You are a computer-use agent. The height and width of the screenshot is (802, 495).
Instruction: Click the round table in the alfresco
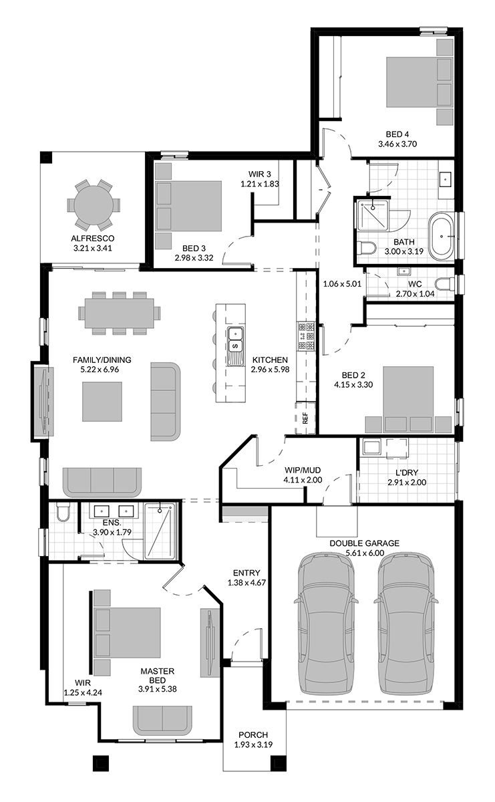point(94,205)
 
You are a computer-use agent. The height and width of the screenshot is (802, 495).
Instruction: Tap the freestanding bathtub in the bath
point(442,237)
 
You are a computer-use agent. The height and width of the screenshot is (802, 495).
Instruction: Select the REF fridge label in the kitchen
point(305,418)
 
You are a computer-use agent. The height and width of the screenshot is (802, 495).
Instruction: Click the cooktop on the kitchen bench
point(306,336)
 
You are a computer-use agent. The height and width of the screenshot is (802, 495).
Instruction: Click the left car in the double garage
point(326,623)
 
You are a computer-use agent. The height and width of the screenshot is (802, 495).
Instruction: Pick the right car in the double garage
point(406,623)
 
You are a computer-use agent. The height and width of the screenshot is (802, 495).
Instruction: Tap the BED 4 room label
point(397,134)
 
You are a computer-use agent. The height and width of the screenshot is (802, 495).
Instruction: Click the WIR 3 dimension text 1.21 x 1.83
point(259,184)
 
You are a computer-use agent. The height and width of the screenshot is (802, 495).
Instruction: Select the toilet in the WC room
point(444,283)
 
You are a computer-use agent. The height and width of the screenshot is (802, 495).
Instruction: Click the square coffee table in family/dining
point(102,402)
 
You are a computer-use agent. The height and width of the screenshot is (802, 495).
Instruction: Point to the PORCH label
point(253,734)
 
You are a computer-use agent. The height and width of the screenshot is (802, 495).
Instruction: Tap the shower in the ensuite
point(160,531)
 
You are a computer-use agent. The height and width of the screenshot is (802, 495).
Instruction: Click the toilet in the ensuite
point(63,513)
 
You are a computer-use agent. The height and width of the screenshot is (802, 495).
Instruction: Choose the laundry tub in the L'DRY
point(371,447)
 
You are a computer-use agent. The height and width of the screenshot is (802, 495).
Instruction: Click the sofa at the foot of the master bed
point(162,720)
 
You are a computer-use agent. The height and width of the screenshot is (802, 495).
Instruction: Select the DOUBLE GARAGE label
point(364,543)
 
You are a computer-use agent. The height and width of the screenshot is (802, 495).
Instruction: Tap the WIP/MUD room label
point(303,470)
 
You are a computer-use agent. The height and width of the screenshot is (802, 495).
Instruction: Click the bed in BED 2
point(408,399)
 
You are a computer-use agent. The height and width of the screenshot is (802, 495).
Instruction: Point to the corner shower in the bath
point(373,215)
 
